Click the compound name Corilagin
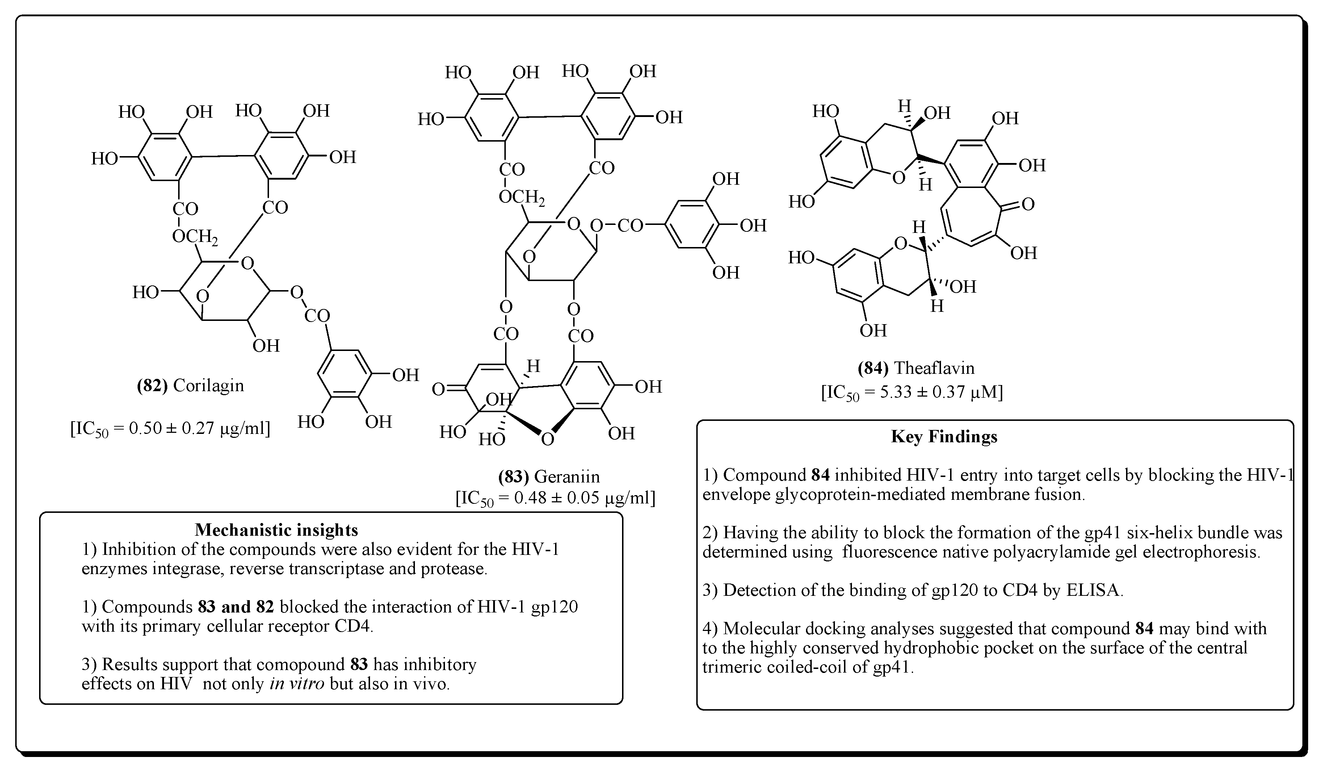click(x=209, y=386)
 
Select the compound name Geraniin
click(x=567, y=477)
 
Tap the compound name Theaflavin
click(x=934, y=368)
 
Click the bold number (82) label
click(x=152, y=386)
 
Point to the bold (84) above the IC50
click(x=873, y=368)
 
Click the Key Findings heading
click(x=944, y=437)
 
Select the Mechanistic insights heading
click(x=276, y=530)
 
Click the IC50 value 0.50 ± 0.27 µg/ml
click(x=170, y=428)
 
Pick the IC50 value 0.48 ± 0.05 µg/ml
click(x=555, y=498)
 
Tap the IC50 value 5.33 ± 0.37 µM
click(x=912, y=393)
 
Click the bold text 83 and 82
click(x=236, y=607)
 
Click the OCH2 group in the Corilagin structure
click(x=195, y=237)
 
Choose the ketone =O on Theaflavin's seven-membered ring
click(x=1026, y=204)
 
